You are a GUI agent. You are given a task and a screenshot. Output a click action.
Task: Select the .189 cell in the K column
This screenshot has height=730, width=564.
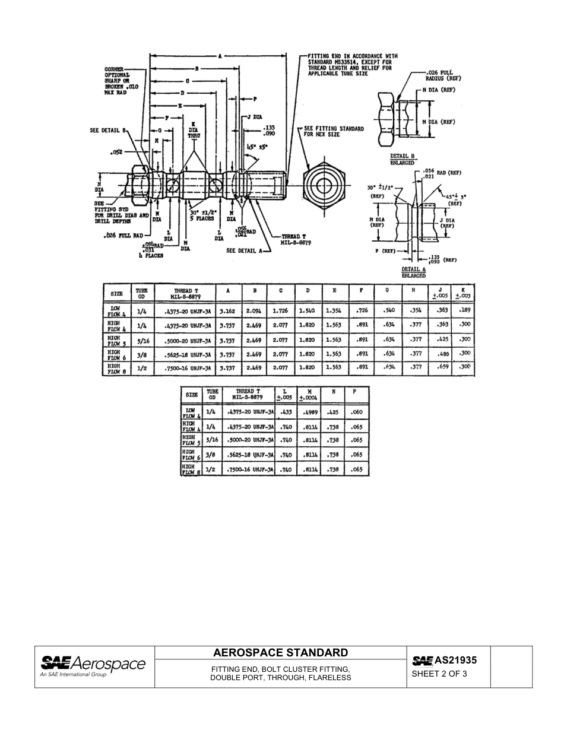[463, 310]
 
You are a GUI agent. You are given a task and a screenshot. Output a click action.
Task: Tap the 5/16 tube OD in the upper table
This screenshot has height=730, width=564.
[143, 339]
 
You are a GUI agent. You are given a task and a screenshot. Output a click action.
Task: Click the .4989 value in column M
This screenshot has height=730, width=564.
[309, 412]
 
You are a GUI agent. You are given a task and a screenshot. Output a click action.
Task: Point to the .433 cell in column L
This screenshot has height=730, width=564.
[286, 412]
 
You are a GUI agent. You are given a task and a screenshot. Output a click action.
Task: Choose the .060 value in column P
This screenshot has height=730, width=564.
[356, 412]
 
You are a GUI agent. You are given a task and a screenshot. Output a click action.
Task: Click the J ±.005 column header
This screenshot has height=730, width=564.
[439, 293]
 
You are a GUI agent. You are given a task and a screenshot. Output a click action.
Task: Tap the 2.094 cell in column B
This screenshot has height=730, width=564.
[255, 310]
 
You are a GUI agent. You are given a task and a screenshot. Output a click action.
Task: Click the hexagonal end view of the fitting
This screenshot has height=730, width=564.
[324, 185]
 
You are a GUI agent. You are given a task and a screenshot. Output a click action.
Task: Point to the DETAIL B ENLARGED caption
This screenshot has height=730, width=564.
[403, 159]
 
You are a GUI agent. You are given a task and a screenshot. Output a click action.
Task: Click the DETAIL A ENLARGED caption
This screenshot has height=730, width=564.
[413, 272]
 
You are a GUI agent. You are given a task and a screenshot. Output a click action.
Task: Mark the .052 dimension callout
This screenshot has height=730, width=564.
[116, 153]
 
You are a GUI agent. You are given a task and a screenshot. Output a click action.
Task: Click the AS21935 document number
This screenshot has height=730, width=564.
[455, 659]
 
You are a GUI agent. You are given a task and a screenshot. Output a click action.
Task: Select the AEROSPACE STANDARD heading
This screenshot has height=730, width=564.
[281, 653]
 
